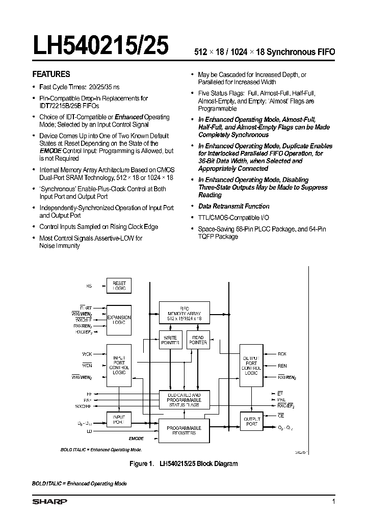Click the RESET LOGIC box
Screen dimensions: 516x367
[119, 286]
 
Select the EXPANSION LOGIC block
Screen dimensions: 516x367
[119, 319]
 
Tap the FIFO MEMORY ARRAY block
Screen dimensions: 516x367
[185, 313]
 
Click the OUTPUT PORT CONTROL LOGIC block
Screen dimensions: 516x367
[251, 366]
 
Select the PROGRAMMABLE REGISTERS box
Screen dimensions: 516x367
[184, 430]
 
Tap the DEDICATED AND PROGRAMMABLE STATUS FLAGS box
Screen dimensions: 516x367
[184, 400]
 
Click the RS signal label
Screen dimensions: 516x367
[89, 287]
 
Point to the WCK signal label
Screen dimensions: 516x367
[87, 353]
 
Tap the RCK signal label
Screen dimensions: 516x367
[282, 353]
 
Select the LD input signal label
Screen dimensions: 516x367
[89, 431]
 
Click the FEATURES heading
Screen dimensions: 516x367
[51, 74]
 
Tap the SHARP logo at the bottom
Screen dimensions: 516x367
[49, 502]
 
